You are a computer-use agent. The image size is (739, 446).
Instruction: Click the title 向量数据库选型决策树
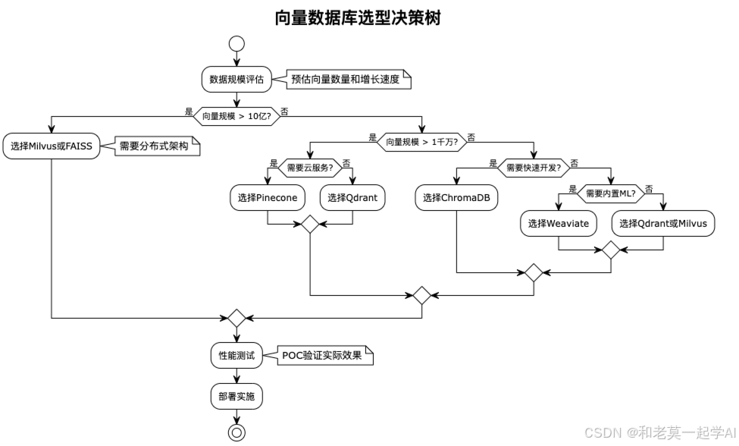click(x=358, y=18)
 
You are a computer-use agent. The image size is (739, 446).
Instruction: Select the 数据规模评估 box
click(x=237, y=79)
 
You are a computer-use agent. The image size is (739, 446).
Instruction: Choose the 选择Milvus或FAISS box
click(x=52, y=146)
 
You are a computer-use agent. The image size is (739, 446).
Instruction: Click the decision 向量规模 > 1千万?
click(x=421, y=141)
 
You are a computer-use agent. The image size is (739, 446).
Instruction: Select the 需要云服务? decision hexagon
click(x=310, y=167)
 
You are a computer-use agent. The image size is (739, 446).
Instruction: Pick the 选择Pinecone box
click(x=268, y=198)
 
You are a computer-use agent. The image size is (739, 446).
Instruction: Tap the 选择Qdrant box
click(x=352, y=198)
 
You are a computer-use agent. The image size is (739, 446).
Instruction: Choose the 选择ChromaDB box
click(x=456, y=198)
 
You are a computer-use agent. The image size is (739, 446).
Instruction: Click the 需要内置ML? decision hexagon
click(x=611, y=193)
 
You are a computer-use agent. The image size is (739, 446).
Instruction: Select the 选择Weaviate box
click(x=559, y=223)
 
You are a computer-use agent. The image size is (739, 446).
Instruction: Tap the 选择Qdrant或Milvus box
click(x=663, y=223)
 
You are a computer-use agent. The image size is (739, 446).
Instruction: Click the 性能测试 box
click(x=237, y=354)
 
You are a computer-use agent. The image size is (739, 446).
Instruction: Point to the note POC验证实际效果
click(x=322, y=354)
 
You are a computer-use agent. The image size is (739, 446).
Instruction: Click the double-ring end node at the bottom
click(x=237, y=432)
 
